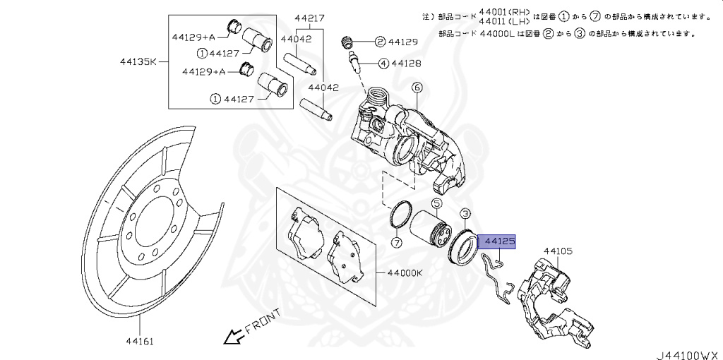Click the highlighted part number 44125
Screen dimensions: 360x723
coord(499,241)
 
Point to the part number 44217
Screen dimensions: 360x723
coord(309,18)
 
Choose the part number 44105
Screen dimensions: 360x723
coord(558,251)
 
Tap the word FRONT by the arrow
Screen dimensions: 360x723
coord(263,322)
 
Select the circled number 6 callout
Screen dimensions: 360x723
coord(417,88)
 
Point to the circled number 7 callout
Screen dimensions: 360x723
coord(396,243)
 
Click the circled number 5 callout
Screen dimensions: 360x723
coord(436,203)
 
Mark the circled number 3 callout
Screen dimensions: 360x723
coord(465,213)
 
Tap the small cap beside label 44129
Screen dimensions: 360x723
coord(347,42)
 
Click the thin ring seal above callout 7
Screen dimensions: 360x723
coord(400,215)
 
